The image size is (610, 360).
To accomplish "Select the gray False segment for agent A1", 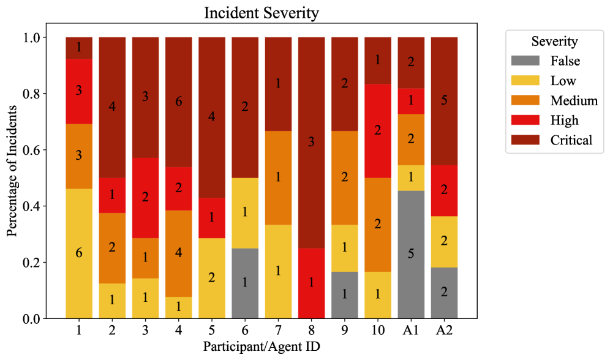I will coord(411,255).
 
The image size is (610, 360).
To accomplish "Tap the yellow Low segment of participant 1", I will coord(79,253).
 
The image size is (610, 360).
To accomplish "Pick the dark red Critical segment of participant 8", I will coord(311,142).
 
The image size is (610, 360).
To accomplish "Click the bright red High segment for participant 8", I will coord(311,283).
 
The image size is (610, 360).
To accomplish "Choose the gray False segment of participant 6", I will coord(245,283).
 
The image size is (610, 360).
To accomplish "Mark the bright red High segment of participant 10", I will coord(378,130).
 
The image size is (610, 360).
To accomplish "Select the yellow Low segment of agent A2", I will coord(444,241).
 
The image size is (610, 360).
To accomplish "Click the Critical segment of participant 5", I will coord(212,117).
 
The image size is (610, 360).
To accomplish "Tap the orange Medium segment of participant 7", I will coord(278,178).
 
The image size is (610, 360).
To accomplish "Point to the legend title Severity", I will coord(554,42).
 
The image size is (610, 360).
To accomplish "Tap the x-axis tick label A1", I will coord(411,331).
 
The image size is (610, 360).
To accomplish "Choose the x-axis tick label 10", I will coord(378,331).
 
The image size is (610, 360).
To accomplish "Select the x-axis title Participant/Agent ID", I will coord(262,347).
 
